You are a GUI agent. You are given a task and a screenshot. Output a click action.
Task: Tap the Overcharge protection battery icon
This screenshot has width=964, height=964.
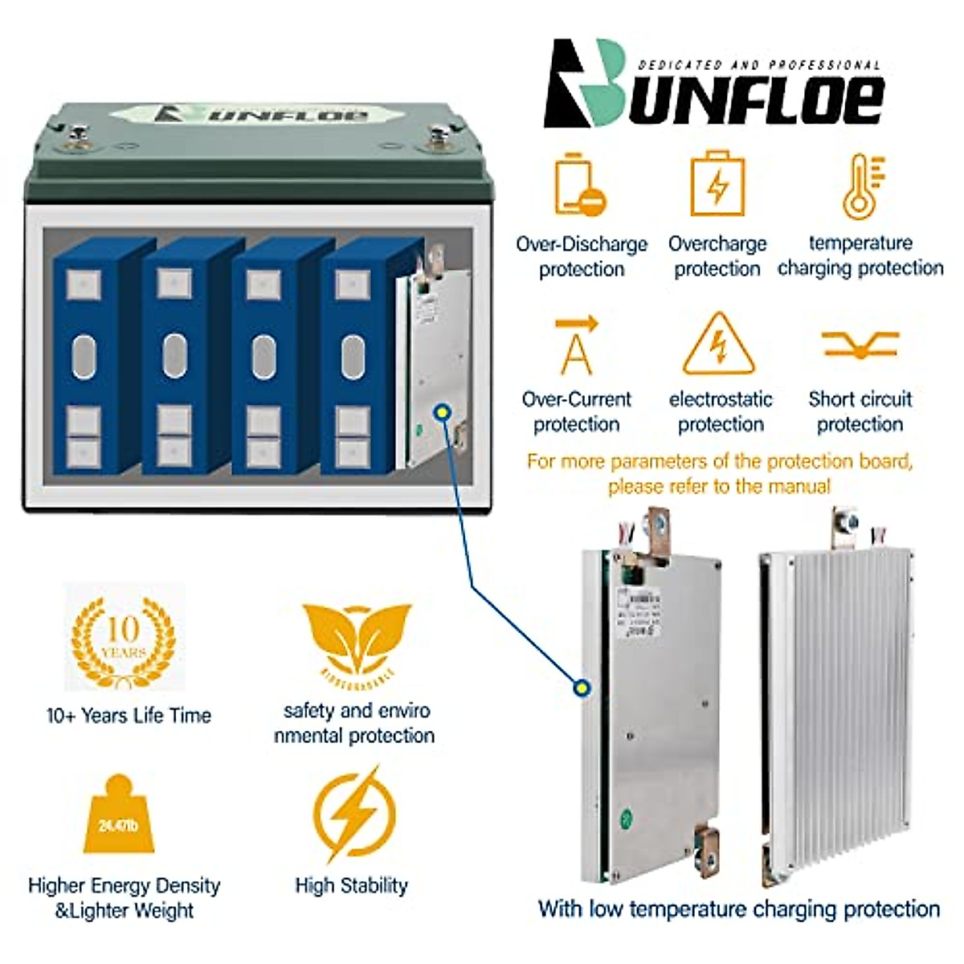tap(717, 184)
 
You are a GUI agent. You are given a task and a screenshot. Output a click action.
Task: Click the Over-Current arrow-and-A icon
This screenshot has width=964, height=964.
tap(577, 346)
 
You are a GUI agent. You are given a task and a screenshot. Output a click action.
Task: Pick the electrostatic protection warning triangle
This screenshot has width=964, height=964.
tap(719, 345)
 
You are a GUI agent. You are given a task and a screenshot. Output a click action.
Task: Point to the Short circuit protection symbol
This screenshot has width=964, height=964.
tap(860, 345)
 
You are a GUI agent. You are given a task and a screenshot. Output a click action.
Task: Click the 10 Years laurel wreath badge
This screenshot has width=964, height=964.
tap(123, 639)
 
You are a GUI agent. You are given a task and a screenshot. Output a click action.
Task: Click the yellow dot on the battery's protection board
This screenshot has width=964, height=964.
tap(441, 412)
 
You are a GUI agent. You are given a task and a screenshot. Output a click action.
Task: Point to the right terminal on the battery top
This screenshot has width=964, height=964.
tap(439, 138)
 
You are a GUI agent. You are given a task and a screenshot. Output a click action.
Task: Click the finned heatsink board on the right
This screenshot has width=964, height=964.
tap(839, 707)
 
